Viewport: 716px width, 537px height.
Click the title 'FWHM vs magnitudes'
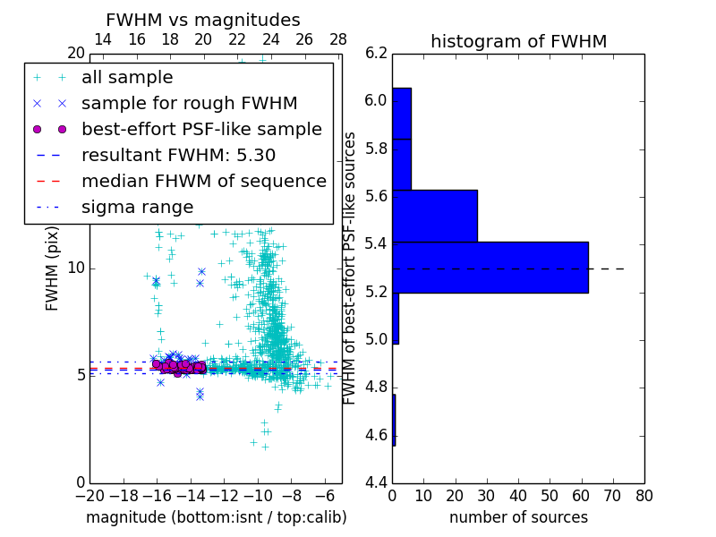pyautogui.click(x=203, y=20)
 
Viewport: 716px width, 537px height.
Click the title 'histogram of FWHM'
pyautogui.click(x=518, y=41)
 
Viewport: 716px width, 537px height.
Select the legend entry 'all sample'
pyautogui.click(x=127, y=78)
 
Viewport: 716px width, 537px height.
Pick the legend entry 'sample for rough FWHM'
pyautogui.click(x=189, y=104)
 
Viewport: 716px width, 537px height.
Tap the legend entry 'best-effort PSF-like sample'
pyautogui.click(x=201, y=129)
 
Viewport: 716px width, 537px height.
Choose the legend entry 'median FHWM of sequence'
pyautogui.click(x=203, y=181)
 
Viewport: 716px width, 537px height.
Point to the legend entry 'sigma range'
pyautogui.click(x=137, y=207)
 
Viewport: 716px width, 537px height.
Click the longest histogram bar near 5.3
pyautogui.click(x=490, y=267)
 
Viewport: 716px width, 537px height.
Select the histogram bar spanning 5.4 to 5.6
pyautogui.click(x=435, y=216)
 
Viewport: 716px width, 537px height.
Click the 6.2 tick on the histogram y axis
pyautogui.click(x=376, y=53)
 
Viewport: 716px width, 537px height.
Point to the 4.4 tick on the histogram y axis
pyautogui.click(x=376, y=482)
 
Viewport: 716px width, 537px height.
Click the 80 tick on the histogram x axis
pyautogui.click(x=644, y=494)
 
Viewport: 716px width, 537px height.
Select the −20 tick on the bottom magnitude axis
pyautogui.click(x=89, y=494)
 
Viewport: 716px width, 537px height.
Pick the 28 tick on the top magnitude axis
pyautogui.click(x=338, y=39)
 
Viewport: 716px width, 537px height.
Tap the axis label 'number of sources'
pyautogui.click(x=518, y=517)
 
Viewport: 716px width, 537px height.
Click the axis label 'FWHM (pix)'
pyautogui.click(x=53, y=268)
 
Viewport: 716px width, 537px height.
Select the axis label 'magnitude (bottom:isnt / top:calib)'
pyautogui.click(x=216, y=517)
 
